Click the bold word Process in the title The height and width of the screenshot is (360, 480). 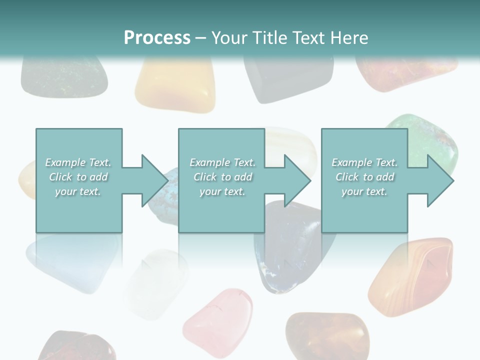(x=157, y=38)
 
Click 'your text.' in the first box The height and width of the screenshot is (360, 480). (x=78, y=191)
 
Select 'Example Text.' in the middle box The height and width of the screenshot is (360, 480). (x=222, y=162)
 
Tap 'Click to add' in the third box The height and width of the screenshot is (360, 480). (x=365, y=177)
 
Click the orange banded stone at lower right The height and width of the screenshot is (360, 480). (x=412, y=277)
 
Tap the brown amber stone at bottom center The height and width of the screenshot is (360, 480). (x=327, y=336)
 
